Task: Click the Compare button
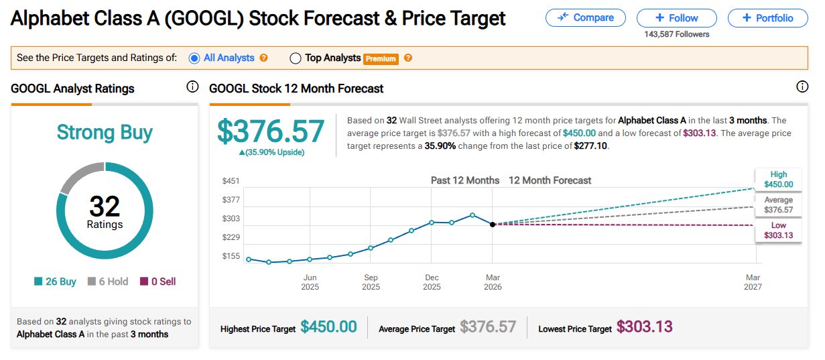[x=585, y=18]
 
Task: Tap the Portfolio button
[x=767, y=18]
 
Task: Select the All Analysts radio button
[x=194, y=58]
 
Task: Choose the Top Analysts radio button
[x=296, y=58]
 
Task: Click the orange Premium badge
[x=381, y=59]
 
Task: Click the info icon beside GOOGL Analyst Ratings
[x=192, y=86]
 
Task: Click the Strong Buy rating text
[x=105, y=132]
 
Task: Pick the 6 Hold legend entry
[x=108, y=282]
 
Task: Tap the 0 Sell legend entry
[x=158, y=282]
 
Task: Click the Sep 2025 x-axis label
[x=371, y=282]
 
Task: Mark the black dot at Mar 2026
[x=493, y=225]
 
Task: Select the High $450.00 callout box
[x=778, y=179]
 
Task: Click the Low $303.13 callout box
[x=778, y=230]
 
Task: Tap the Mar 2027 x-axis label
[x=753, y=282]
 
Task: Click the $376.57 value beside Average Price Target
[x=488, y=327]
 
